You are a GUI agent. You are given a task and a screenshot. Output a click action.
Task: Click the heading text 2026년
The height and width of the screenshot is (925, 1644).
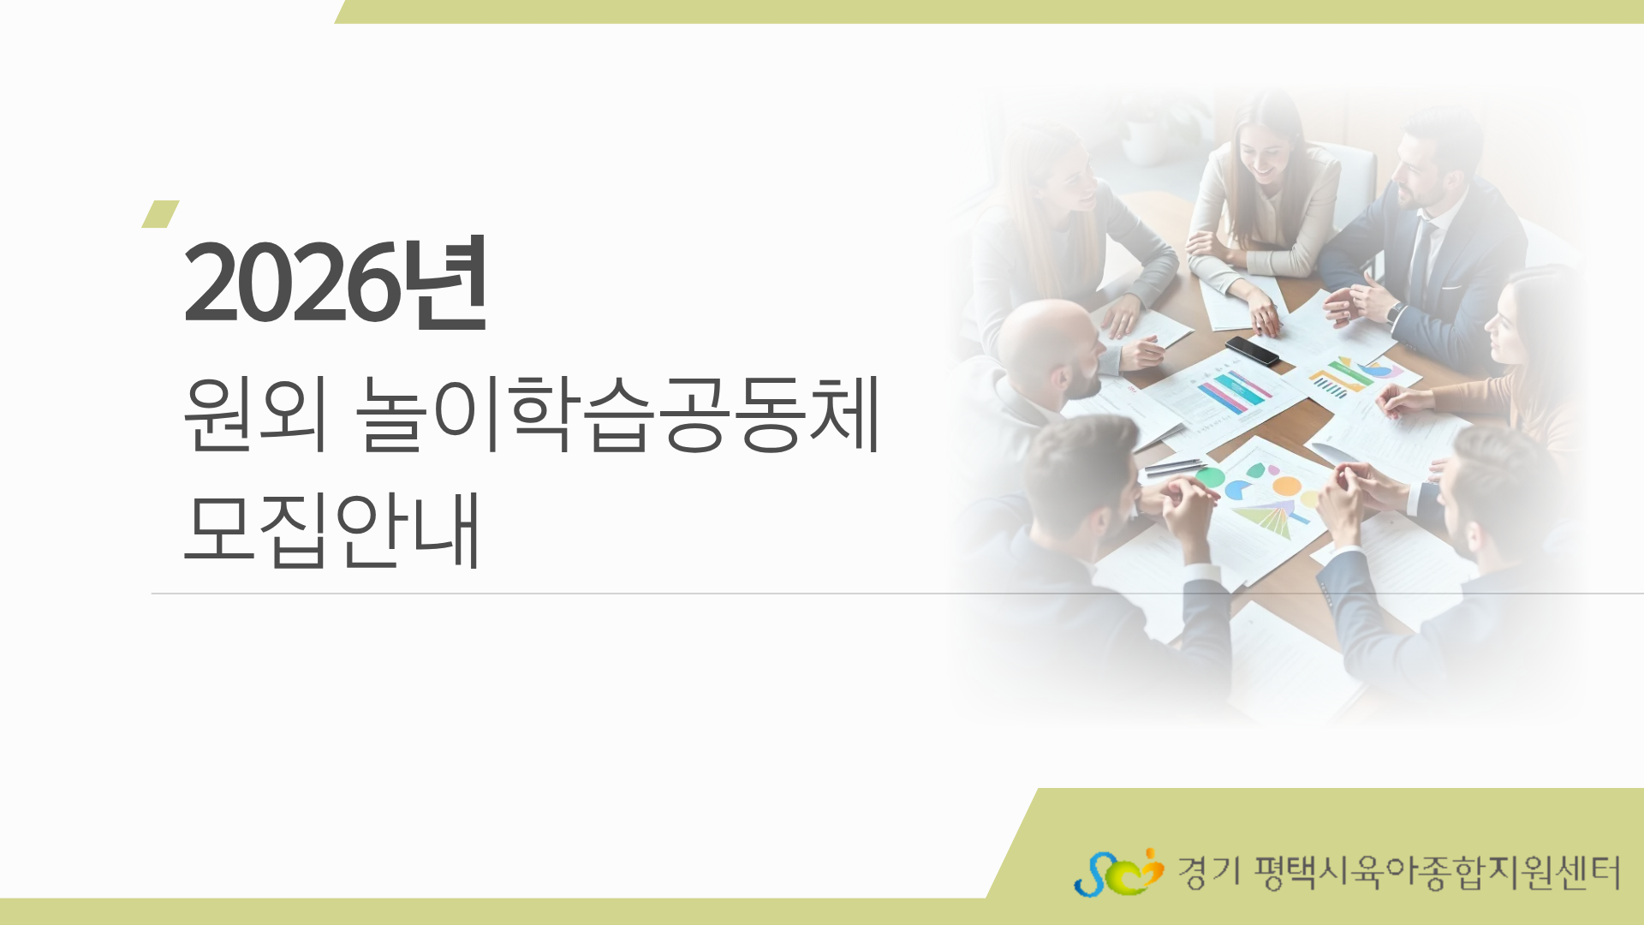coord(336,283)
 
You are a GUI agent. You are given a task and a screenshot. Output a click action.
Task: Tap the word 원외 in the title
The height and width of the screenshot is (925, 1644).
coord(255,415)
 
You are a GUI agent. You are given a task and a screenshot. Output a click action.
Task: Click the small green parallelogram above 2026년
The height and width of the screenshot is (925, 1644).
coord(160,214)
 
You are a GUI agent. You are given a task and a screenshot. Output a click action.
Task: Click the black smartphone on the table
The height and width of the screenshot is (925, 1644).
coord(1252,350)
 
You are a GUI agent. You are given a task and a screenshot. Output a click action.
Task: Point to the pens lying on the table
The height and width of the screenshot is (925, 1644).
coord(1175,467)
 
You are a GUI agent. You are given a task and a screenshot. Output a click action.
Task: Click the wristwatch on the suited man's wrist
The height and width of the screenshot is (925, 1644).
coord(1395,312)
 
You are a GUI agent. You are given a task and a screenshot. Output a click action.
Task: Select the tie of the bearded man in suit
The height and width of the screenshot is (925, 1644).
coord(1419,257)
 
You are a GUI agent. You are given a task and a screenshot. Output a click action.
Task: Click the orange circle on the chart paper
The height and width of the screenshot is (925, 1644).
coord(1286,486)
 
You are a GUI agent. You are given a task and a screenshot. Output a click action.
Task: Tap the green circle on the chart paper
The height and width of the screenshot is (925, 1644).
coord(1209,477)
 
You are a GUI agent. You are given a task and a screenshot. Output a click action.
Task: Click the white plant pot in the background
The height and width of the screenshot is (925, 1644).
coord(1144,141)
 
